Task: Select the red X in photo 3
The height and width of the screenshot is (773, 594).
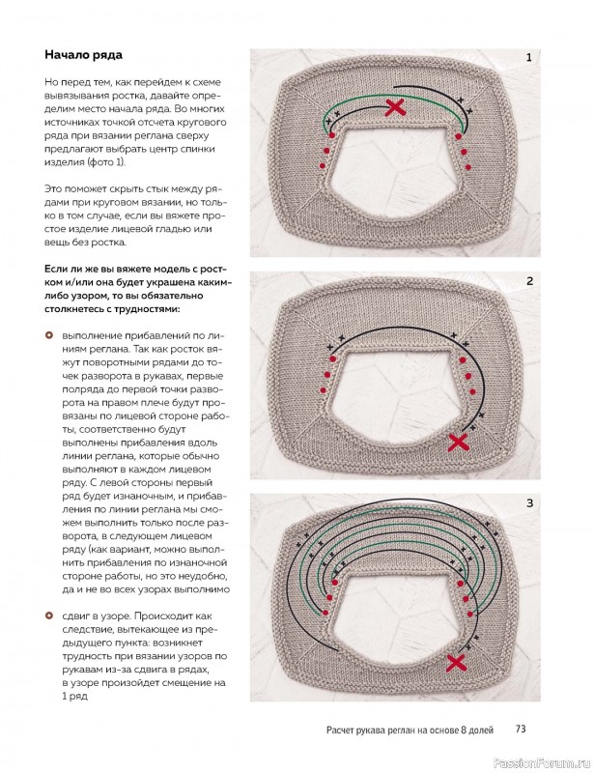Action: tap(458, 663)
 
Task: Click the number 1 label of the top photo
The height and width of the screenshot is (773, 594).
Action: tap(528, 58)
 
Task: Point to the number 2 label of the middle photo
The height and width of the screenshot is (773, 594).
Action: tap(529, 281)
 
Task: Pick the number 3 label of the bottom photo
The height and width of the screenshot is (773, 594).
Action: tap(529, 503)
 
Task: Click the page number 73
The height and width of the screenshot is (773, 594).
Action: tap(520, 729)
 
